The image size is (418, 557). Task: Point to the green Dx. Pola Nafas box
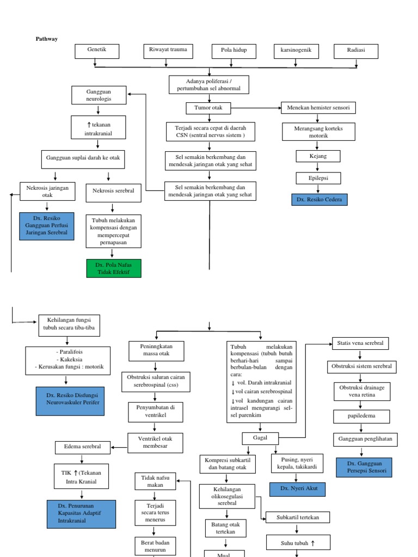click(113, 268)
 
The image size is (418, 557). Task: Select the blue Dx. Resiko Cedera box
click(319, 200)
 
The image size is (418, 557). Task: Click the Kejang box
click(318, 157)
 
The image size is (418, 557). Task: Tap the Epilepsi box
click(318, 178)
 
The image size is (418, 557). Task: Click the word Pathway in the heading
click(46, 39)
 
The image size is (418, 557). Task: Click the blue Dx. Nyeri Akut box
click(297, 489)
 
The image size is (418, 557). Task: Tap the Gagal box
click(260, 438)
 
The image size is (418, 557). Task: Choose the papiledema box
click(361, 417)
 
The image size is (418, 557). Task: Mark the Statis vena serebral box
click(360, 343)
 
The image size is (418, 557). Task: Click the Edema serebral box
click(83, 447)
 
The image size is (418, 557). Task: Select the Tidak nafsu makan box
click(155, 481)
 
